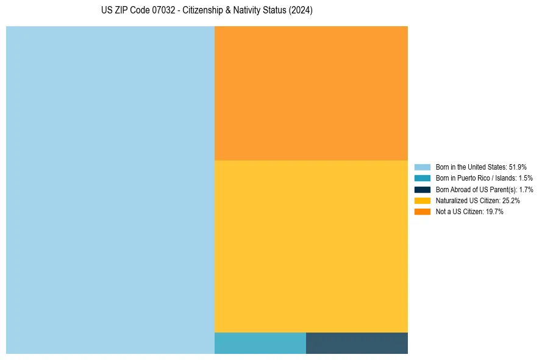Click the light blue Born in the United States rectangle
point(110,190)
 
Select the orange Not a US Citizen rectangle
point(311,93)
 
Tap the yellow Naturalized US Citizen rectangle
point(311,246)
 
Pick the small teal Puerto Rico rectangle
point(260,343)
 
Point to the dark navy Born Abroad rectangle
point(357,343)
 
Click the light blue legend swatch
point(422,167)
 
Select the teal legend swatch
point(422,178)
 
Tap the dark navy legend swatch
point(422,189)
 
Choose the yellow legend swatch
point(422,200)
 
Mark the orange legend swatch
point(422,212)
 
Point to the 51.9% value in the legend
point(518,167)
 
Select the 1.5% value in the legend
point(525,178)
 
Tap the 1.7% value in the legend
point(526,189)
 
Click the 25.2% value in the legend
point(511,200)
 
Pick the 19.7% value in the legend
point(494,212)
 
